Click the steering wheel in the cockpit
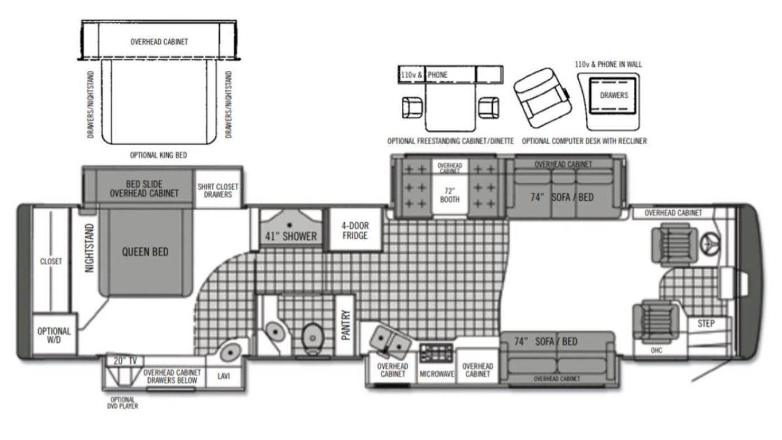[x=710, y=243]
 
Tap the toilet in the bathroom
[x=312, y=338]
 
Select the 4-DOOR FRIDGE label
[x=355, y=231]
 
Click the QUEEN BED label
[x=145, y=252]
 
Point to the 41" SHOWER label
[x=291, y=236]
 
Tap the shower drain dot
[x=289, y=225]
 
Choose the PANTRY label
[x=346, y=325]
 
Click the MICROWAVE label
[x=437, y=374]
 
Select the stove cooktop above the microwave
[x=436, y=353]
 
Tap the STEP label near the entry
[x=706, y=323]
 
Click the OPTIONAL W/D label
[x=54, y=336]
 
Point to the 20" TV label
[x=125, y=361]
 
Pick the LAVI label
[x=223, y=376]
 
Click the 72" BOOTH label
[x=450, y=195]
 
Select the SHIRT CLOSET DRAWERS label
[x=218, y=190]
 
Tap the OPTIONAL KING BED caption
[x=159, y=155]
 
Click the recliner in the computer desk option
[x=542, y=98]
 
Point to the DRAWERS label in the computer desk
[x=614, y=95]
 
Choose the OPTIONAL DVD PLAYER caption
[x=122, y=403]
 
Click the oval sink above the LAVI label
[x=230, y=352]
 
